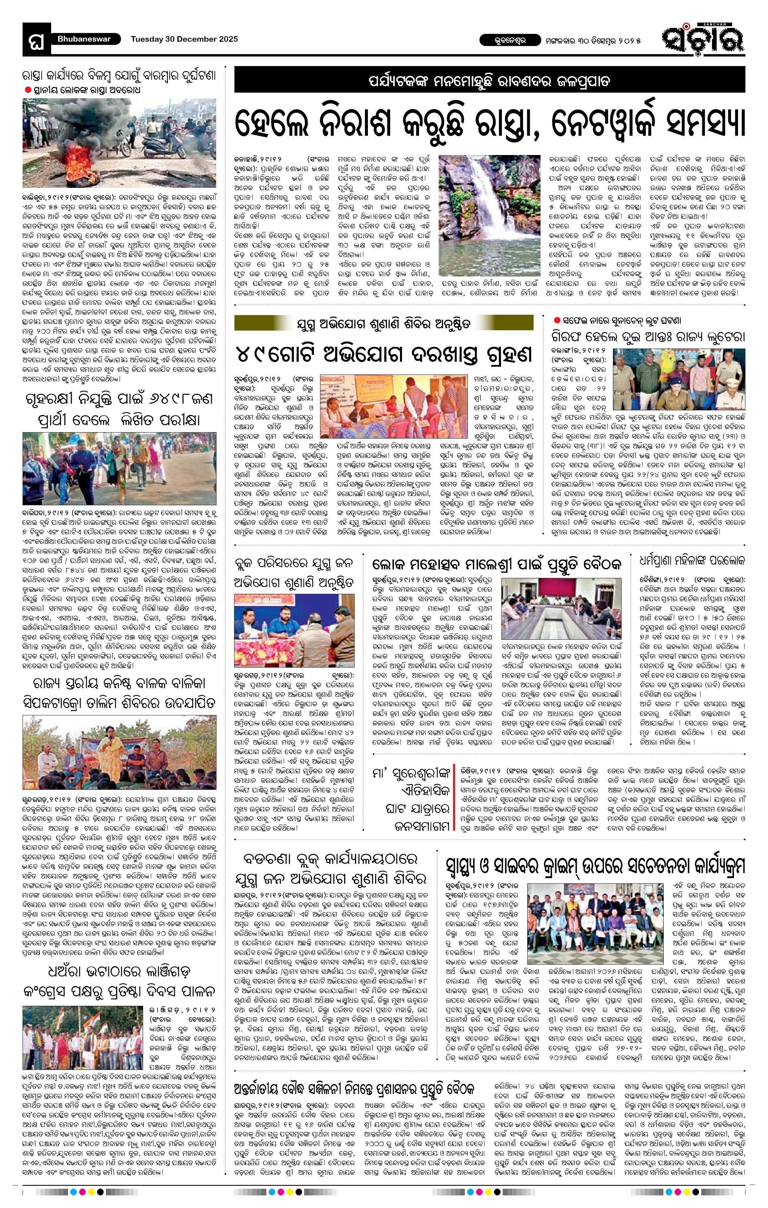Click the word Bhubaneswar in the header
82,39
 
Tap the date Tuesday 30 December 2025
184,39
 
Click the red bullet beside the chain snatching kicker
557,320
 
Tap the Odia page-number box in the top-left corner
37,39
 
